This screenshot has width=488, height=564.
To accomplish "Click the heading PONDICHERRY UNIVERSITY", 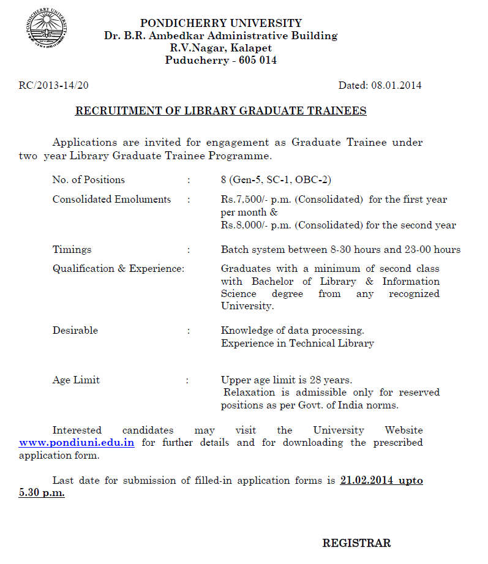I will [x=220, y=23].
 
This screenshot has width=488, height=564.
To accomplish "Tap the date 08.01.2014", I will [x=396, y=86].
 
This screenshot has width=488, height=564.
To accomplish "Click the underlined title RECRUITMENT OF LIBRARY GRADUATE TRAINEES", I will [x=220, y=111].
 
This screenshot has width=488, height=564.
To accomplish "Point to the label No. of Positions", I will [x=88, y=179].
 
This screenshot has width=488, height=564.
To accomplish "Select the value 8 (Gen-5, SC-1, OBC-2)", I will [x=276, y=179].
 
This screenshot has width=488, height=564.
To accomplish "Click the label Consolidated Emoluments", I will [x=111, y=199].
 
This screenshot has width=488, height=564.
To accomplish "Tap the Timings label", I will [x=72, y=249].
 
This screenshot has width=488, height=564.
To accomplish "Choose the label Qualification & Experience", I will [x=118, y=268].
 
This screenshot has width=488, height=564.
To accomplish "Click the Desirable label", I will [x=75, y=330].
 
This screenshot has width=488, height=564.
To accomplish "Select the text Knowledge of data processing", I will [x=292, y=330].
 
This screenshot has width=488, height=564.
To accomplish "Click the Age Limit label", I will [x=76, y=380].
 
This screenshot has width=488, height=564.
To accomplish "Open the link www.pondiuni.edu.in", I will [x=77, y=442].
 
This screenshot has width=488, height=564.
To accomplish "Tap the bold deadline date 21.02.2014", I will [x=366, y=480].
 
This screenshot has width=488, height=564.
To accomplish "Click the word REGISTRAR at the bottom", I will [x=356, y=543].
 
